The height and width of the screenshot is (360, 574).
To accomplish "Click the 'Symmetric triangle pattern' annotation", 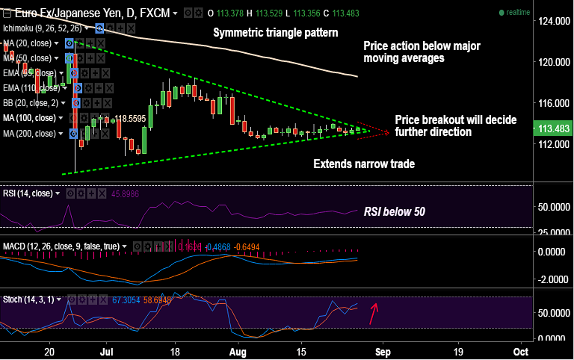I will point(275,33).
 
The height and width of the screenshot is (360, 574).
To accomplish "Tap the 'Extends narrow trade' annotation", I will point(363,164).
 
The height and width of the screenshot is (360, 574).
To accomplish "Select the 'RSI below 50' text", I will point(394,211).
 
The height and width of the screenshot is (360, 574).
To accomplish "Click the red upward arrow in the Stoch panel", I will point(374,312).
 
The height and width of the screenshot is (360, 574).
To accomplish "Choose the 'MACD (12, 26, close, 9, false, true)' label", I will point(64,246).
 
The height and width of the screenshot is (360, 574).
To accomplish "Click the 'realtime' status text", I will point(517,13).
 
